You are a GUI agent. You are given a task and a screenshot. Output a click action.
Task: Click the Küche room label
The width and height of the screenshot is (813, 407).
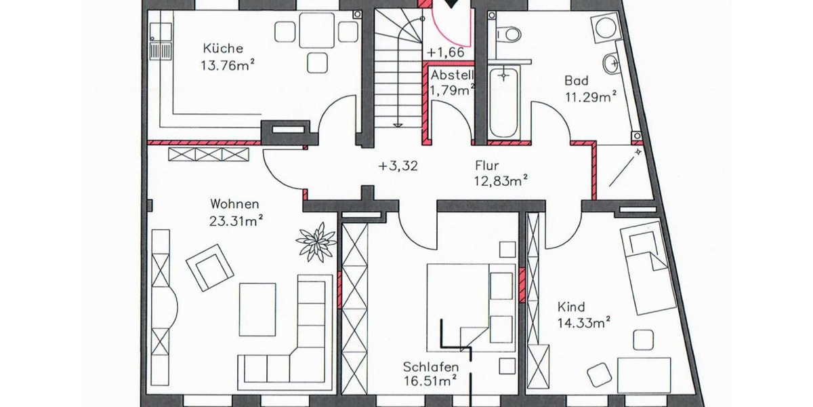click(223, 50)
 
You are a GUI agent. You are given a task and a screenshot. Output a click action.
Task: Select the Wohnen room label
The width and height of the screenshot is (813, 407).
click(234, 203)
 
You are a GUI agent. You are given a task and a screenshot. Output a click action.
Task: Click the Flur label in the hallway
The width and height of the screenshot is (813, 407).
click(487, 164)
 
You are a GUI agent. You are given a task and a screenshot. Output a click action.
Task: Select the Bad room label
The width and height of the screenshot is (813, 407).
click(577, 81)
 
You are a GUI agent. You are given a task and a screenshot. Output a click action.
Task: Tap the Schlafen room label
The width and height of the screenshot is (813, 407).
click(425, 367)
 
